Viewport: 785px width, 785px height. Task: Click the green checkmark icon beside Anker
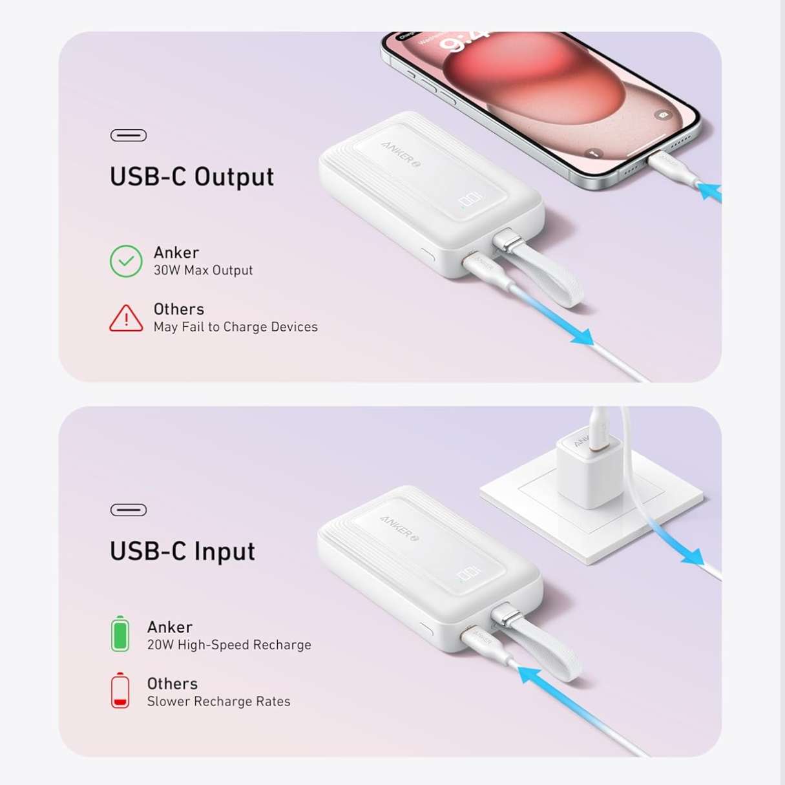(126, 261)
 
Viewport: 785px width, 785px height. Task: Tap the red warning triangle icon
(126, 319)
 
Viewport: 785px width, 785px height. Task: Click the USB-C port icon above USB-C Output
(129, 135)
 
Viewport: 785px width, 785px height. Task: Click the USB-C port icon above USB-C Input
(129, 510)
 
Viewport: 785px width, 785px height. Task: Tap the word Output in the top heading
(234, 177)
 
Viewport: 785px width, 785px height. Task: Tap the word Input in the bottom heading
(224, 552)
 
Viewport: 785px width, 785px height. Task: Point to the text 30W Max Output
(203, 270)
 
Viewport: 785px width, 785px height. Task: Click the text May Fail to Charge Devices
(235, 327)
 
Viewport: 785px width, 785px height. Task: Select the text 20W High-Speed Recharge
(229, 644)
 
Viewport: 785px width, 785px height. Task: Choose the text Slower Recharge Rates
(219, 701)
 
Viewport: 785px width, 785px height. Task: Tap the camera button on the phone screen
(664, 115)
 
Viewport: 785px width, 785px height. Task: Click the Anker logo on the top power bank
(401, 154)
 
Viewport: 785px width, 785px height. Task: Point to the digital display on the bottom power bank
(468, 574)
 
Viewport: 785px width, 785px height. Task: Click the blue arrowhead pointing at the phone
(709, 192)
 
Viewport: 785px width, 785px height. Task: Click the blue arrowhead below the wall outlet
(693, 557)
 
